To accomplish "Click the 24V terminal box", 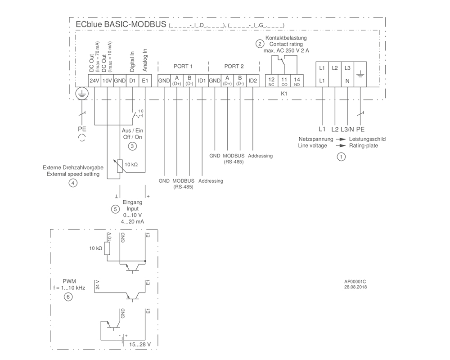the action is (94, 81).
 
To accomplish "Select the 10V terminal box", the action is (107, 81).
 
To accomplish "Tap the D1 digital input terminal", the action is (132, 81).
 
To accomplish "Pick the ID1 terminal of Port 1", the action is (202, 81).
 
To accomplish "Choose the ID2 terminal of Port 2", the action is (253, 81).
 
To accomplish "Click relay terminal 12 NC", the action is (271, 81).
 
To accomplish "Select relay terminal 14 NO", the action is (297, 81).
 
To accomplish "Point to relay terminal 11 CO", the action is (284, 81).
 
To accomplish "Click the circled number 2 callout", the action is (260, 44).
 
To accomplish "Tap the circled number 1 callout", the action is (341, 157).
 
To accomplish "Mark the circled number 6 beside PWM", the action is (68, 297).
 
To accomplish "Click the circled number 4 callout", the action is (73, 183).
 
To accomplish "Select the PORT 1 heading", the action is (183, 66).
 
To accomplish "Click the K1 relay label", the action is (284, 94).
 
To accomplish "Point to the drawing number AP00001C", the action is (355, 282).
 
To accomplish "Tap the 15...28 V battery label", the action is (140, 344).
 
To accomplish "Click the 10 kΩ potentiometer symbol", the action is (120, 166).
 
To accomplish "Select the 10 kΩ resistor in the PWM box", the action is (107, 248).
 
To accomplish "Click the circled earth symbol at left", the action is (82, 94).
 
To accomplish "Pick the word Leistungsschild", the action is (367, 139).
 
